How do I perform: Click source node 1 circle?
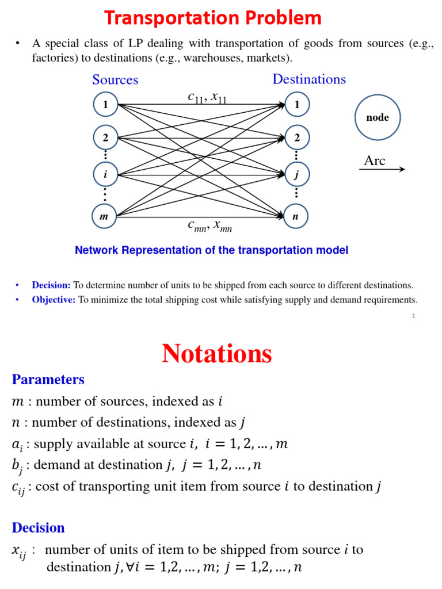105,105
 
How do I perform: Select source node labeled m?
104,217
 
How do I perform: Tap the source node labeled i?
105,174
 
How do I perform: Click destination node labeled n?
296,217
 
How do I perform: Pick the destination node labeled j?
297,174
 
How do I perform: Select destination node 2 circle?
297,137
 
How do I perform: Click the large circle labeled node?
378,117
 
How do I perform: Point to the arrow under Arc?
384,169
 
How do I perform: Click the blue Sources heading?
115,80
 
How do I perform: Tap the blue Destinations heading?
309,79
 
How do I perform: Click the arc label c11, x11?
207,98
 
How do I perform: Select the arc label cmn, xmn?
209,226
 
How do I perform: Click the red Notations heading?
217,353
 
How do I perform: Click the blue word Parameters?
48,380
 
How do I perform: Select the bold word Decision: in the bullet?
51,285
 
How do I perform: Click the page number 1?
413,316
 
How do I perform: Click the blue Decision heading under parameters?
38,527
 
